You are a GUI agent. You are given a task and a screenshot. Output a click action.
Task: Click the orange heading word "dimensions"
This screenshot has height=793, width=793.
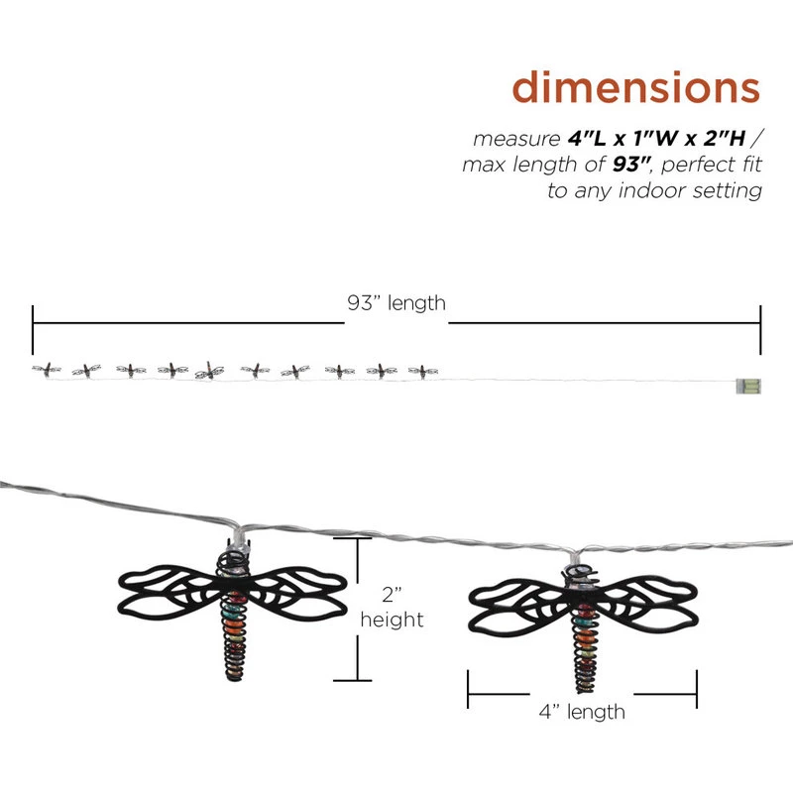click(x=635, y=87)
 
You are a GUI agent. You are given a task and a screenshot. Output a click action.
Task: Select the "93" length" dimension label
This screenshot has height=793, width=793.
click(x=396, y=303)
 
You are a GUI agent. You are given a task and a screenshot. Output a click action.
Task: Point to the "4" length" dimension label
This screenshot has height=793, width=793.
click(x=582, y=711)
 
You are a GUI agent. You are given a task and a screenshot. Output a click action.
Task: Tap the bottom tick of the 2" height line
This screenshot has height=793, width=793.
click(x=345, y=680)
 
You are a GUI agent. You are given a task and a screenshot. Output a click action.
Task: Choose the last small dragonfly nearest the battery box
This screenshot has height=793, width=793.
click(x=421, y=371)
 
